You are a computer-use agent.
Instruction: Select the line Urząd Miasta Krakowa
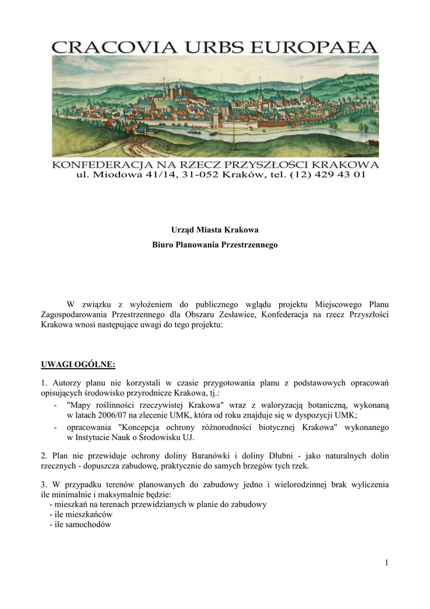(x=215, y=229)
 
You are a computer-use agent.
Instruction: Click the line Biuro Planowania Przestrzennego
(x=215, y=245)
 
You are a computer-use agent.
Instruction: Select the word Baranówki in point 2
(x=214, y=456)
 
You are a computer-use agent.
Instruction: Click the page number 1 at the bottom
(x=386, y=563)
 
